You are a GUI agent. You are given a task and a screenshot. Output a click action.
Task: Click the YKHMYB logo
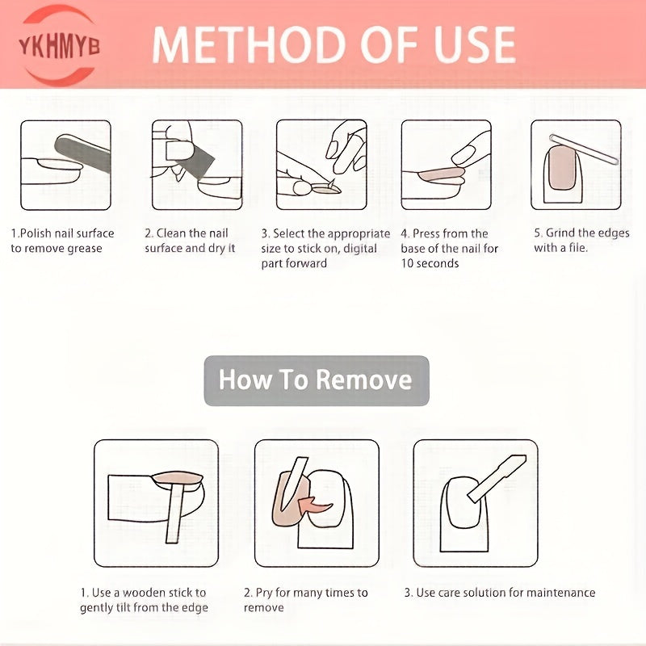(x=59, y=46)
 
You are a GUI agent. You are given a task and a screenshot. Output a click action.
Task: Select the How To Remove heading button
(x=317, y=380)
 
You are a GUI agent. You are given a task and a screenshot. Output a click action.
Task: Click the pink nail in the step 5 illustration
(x=561, y=168)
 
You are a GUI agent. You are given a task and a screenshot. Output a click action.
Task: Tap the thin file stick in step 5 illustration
(x=584, y=149)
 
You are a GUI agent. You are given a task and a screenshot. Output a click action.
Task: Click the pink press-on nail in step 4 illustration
(x=441, y=174)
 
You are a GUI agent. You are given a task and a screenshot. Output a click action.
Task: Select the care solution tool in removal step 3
(x=497, y=479)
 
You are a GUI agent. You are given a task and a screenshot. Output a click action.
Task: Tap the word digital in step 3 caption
(x=360, y=249)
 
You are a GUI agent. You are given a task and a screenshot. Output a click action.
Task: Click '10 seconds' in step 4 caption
(x=430, y=264)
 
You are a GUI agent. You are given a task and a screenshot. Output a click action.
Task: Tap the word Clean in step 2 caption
(x=171, y=233)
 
